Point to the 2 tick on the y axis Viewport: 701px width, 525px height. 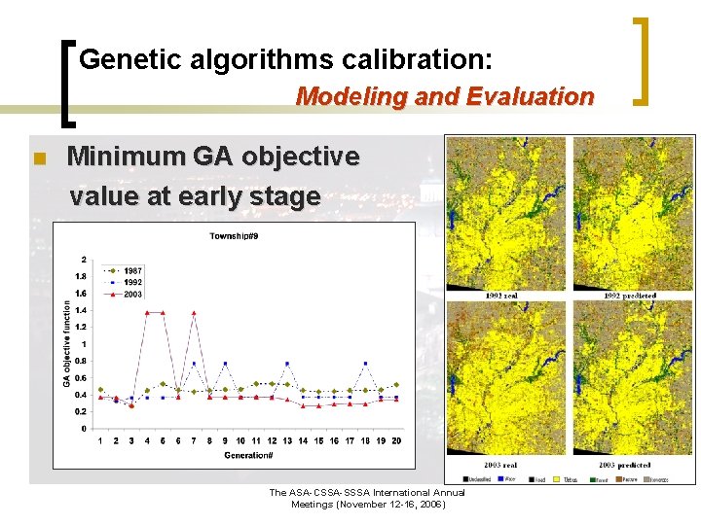[x=84, y=260]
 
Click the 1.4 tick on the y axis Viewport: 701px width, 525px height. [x=81, y=310]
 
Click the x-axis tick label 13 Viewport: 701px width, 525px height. [x=287, y=441]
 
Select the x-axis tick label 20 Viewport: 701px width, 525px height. [x=395, y=441]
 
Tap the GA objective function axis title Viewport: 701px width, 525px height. [x=67, y=343]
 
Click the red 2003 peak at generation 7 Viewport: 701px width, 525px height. [x=194, y=312]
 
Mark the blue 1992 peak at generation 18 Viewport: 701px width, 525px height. [x=365, y=364]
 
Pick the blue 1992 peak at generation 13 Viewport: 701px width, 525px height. [x=287, y=364]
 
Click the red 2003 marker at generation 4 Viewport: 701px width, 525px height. [x=147, y=312]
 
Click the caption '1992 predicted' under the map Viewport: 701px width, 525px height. [x=630, y=296]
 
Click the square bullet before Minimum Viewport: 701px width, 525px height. [x=40, y=158]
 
